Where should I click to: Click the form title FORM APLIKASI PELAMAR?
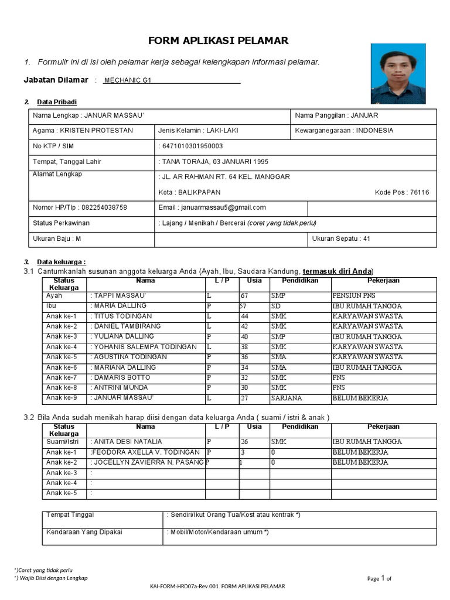tap(218, 40)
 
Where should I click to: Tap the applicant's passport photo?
tap(398, 74)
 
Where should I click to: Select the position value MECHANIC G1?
tap(127, 80)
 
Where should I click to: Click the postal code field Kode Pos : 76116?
tap(401, 192)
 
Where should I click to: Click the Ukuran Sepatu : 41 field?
tap(341, 239)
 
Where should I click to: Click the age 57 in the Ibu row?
tap(244, 306)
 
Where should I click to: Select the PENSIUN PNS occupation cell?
tap(354, 296)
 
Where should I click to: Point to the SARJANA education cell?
tap(287, 398)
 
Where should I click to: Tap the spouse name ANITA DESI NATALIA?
tap(128, 442)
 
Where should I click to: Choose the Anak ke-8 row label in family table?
tap(62, 388)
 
